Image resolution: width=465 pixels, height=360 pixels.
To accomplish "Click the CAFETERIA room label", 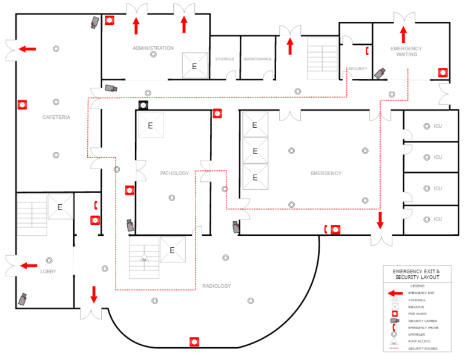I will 56,117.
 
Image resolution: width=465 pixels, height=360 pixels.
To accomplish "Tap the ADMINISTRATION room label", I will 153,48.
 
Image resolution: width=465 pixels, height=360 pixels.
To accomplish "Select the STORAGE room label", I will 225,59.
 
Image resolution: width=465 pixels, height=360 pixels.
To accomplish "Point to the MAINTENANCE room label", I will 257,59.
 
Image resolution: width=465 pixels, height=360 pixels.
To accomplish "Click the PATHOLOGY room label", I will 174,173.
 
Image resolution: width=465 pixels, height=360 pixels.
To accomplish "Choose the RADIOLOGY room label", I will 216,286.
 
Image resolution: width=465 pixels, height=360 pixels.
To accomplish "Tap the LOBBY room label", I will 48,272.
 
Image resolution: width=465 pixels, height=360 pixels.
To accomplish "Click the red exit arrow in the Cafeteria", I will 27,48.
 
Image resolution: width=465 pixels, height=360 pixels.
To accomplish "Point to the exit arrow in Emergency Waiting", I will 403,34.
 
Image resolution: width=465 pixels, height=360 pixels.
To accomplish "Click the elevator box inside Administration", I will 194,65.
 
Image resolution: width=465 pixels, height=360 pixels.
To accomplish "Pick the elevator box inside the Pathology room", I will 151,125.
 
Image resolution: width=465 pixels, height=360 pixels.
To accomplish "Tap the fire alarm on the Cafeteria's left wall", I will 23,104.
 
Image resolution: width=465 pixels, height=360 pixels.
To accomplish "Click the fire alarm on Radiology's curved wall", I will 194,342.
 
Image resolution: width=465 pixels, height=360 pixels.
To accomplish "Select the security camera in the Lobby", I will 24,299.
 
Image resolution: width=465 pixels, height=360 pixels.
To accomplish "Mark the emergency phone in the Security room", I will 366,50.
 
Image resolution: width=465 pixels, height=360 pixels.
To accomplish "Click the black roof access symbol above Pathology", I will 143,105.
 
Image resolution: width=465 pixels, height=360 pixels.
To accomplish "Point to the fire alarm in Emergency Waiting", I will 443,72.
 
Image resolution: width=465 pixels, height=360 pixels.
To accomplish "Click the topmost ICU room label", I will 437,126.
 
